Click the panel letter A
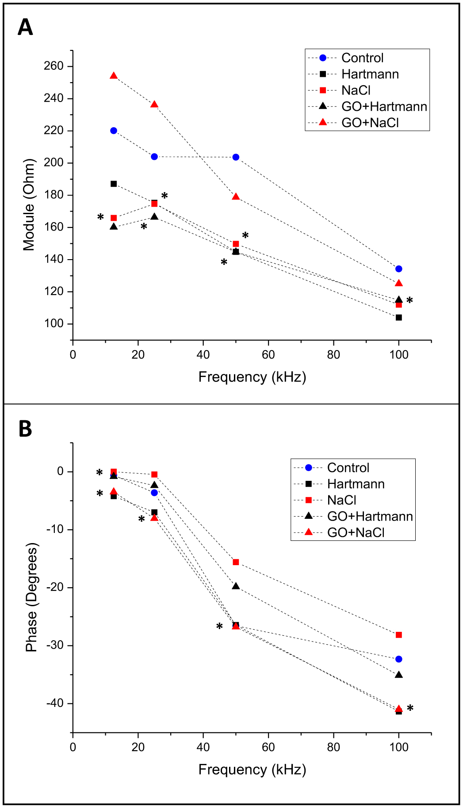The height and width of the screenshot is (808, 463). tap(25, 27)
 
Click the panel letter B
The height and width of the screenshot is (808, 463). tap(25, 429)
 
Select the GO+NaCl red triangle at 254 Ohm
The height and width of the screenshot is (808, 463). tap(114, 76)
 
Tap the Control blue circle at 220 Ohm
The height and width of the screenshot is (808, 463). tap(114, 131)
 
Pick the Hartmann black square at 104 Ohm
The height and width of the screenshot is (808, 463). tap(399, 317)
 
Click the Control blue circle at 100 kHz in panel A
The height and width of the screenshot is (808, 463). tap(399, 269)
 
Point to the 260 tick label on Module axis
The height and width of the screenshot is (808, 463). tap(54, 66)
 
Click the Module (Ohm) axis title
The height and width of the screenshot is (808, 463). tap(29, 204)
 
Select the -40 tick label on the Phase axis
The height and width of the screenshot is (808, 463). tap(55, 703)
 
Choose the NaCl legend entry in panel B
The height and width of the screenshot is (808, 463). tap(341, 500)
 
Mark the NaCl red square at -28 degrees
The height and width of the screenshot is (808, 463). tap(399, 635)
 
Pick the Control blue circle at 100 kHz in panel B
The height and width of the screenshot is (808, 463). tap(399, 659)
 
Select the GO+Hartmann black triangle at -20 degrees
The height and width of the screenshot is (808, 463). tap(236, 586)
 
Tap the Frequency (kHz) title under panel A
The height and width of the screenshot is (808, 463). tap(252, 377)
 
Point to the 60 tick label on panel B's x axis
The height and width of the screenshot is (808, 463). tap(268, 747)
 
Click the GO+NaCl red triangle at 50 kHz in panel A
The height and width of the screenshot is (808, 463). tap(236, 197)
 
